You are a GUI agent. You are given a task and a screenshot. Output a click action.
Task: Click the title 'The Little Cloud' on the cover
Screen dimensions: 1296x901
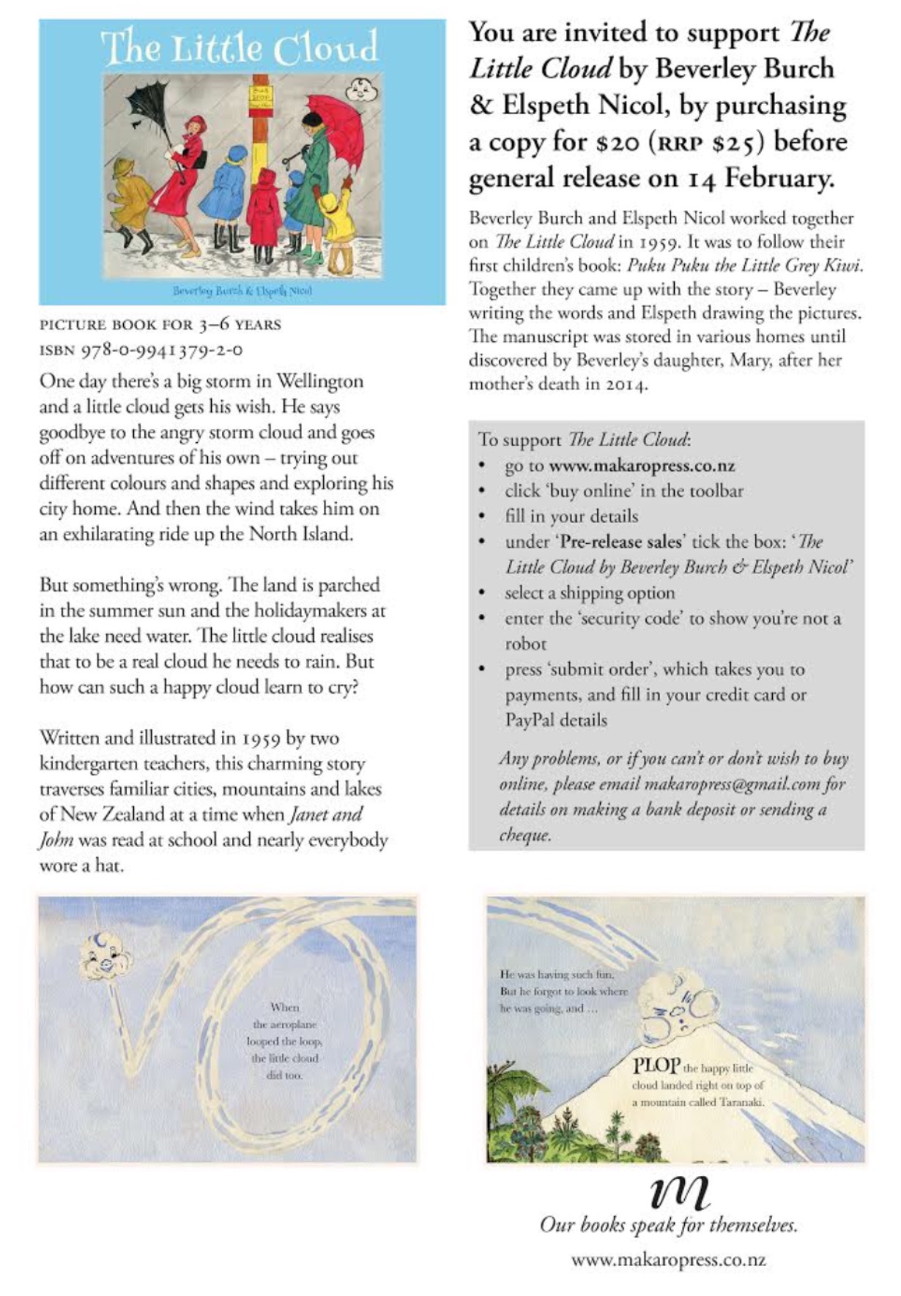pyautogui.click(x=239, y=48)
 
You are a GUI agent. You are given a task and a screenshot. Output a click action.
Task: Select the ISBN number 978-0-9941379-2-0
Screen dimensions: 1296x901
pyautogui.click(x=162, y=350)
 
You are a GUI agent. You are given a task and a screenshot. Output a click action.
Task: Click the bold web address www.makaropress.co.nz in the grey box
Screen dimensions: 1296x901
pyautogui.click(x=642, y=466)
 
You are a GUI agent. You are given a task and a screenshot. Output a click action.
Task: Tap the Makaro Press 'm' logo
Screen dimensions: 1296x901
pyautogui.click(x=679, y=1193)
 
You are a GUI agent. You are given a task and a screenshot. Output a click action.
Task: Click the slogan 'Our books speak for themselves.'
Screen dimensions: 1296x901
pyautogui.click(x=668, y=1225)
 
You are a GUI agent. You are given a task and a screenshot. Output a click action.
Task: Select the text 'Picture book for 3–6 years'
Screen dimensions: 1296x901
pyautogui.click(x=160, y=324)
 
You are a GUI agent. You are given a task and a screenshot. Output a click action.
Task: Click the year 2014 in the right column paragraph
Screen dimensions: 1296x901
pyautogui.click(x=625, y=384)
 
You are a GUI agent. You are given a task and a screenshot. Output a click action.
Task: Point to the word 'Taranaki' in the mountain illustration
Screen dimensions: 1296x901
pyautogui.click(x=741, y=1102)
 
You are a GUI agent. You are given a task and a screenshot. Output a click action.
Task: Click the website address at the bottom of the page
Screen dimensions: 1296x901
pyautogui.click(x=668, y=1260)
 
